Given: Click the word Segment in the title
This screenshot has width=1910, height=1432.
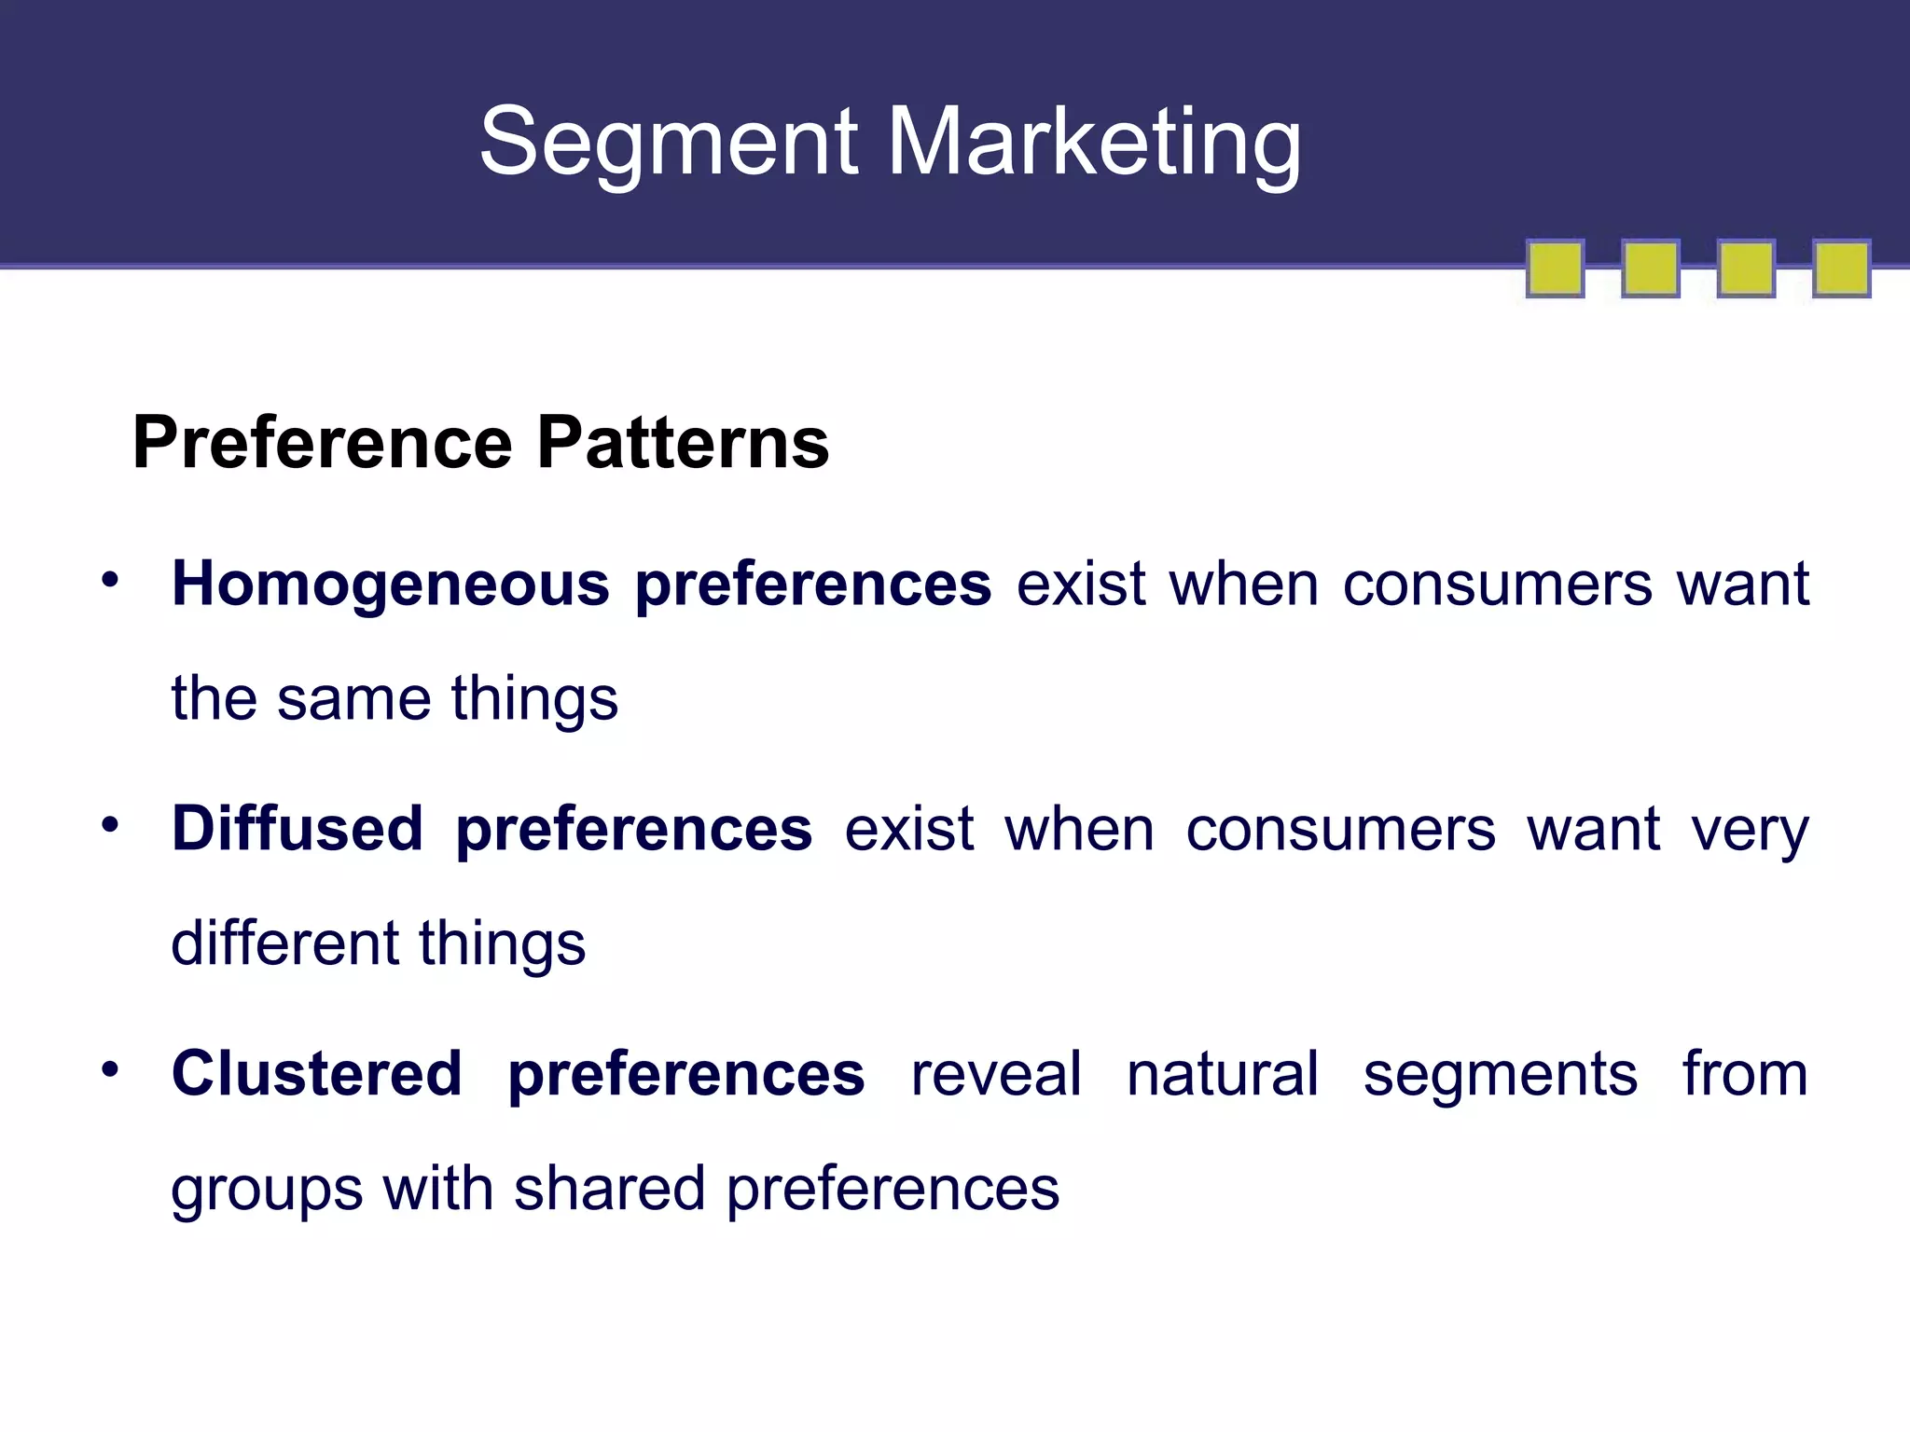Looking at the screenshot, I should click(x=668, y=142).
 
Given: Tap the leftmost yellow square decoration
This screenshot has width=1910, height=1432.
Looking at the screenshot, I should click(x=1555, y=268).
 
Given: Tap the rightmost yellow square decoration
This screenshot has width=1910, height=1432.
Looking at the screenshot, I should click(x=1841, y=268).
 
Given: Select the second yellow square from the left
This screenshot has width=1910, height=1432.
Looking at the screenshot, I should click(x=1650, y=268).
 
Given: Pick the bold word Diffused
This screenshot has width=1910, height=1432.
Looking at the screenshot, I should click(x=298, y=828).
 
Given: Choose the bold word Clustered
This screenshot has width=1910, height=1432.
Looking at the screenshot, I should click(x=317, y=1073).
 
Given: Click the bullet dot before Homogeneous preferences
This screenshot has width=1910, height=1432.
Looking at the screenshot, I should click(x=111, y=580).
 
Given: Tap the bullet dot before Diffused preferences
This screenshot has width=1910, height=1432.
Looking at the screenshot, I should click(x=111, y=824).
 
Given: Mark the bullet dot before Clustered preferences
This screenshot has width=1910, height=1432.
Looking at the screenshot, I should click(x=111, y=1069).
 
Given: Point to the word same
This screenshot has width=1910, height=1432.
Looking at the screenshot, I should click(x=353, y=699).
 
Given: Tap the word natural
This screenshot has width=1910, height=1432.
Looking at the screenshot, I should click(x=1222, y=1074).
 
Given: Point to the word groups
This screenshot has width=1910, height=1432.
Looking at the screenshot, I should click(x=267, y=1191).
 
